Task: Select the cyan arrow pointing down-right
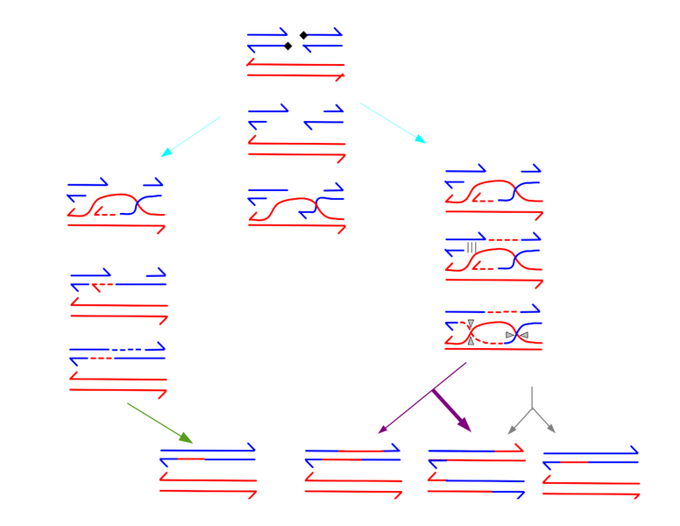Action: [393, 123]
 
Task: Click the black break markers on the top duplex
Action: [295, 39]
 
